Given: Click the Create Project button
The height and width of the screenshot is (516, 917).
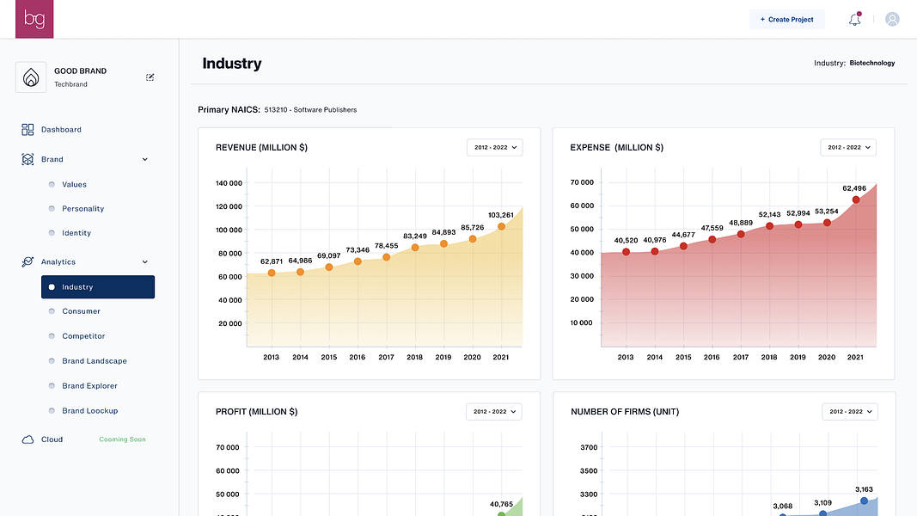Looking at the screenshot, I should (x=786, y=19).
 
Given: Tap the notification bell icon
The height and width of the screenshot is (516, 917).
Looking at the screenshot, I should (x=854, y=19).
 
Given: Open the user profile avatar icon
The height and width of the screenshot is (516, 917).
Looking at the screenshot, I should (x=892, y=19).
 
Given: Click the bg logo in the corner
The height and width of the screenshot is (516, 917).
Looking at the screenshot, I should (x=34, y=19).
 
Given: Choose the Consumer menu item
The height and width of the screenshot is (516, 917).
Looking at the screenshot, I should (x=81, y=311).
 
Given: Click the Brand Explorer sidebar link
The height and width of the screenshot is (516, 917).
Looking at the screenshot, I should (x=89, y=386).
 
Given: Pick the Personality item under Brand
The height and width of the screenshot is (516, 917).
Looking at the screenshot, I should (x=83, y=209).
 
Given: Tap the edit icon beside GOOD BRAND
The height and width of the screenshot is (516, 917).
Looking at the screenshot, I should (x=150, y=77).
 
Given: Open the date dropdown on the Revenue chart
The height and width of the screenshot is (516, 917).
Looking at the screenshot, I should (x=494, y=147).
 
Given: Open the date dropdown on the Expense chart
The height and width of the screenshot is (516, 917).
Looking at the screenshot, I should (x=847, y=147).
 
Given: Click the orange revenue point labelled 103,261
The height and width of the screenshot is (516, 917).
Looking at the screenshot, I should (x=501, y=227).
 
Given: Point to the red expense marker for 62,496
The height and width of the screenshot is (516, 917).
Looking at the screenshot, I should (x=855, y=200).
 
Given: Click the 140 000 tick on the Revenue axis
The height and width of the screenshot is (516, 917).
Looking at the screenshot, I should (x=229, y=183).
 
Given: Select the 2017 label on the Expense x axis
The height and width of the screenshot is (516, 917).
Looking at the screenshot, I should (x=740, y=357).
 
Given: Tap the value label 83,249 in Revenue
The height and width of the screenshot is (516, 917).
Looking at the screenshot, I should (x=414, y=236).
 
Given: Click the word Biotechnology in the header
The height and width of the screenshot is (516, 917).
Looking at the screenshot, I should (x=871, y=63).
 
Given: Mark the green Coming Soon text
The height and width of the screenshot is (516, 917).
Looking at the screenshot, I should (x=122, y=439).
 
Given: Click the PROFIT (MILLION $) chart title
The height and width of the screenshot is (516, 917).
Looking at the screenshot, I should (x=256, y=412).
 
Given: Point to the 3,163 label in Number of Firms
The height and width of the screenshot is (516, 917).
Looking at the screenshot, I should (x=865, y=489).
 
